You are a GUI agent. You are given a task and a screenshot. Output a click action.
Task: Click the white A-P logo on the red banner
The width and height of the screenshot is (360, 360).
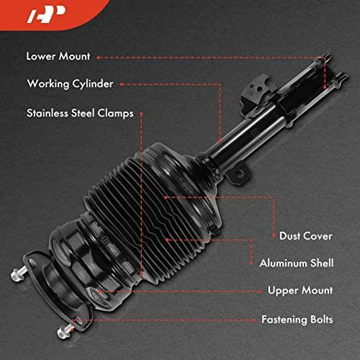[x=46, y=14]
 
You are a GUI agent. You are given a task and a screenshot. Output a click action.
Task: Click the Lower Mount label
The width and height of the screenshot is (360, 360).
[x=58, y=57]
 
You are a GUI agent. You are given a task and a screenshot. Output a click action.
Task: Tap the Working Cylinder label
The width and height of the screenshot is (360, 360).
[x=70, y=84]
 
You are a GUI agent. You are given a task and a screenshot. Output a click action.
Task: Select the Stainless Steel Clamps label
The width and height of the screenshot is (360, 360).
[x=80, y=113]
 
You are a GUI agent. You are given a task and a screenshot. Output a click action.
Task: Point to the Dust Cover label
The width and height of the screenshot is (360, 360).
[x=306, y=236]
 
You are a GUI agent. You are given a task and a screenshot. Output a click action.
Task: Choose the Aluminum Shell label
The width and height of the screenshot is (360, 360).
[x=297, y=263]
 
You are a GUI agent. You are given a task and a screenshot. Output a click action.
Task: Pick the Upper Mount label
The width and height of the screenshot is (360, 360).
[x=300, y=290]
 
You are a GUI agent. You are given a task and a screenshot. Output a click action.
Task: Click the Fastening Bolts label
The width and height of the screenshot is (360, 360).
[x=297, y=320]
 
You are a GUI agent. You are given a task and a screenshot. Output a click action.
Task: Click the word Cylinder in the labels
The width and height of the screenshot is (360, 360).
[x=93, y=84]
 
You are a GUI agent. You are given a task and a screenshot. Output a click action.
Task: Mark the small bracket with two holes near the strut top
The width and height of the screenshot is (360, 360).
[x=255, y=91]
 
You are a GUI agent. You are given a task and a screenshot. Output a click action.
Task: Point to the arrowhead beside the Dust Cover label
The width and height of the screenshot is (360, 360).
[x=273, y=235]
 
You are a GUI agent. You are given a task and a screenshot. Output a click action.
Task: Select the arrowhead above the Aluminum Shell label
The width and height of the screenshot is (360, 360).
[x=251, y=263]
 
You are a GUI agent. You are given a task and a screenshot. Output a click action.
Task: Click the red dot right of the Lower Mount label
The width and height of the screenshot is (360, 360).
[x=98, y=58]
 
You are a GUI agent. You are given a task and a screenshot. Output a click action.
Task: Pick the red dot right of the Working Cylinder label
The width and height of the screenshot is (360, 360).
[x=122, y=84]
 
